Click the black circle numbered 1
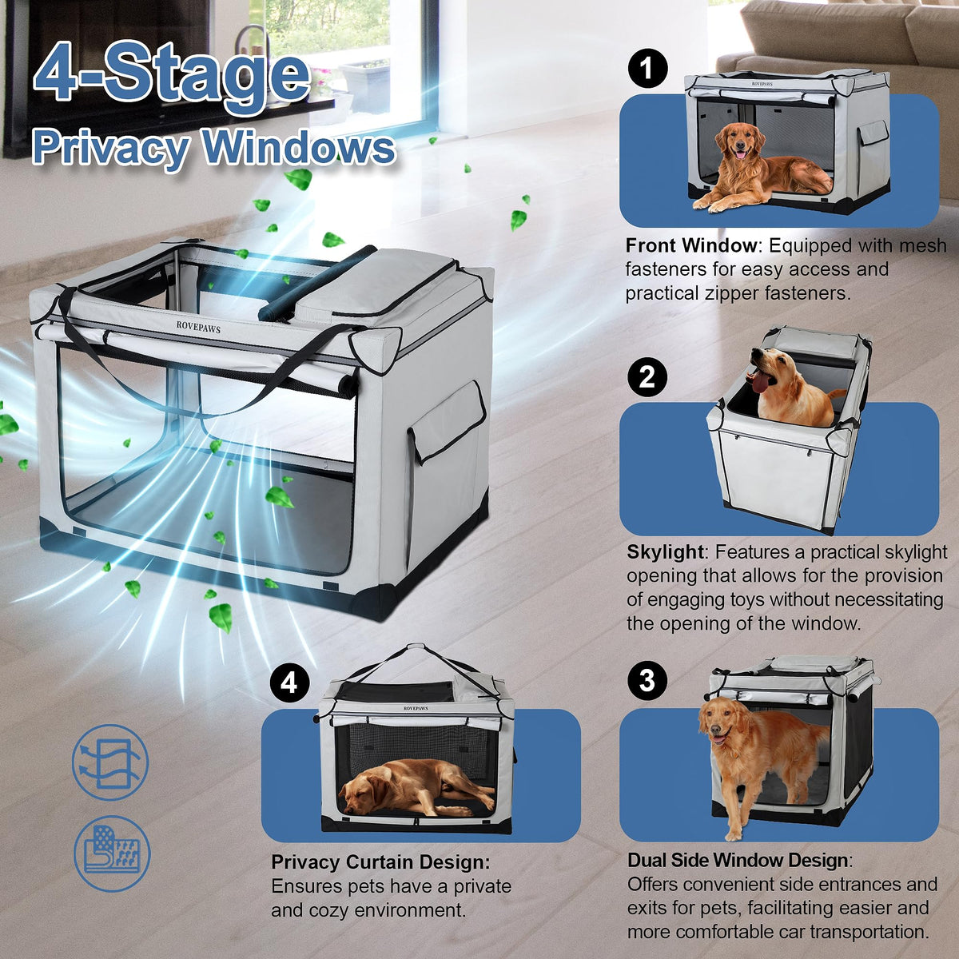pos(647,68)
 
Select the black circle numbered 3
pos(647,680)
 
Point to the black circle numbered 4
pos(289,682)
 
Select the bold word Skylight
pos(665,552)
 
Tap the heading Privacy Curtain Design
pos(380,862)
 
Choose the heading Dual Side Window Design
pos(739,859)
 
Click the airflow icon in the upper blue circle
pos(110,762)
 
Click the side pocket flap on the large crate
pos(448,422)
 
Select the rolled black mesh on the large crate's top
pos(317,282)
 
